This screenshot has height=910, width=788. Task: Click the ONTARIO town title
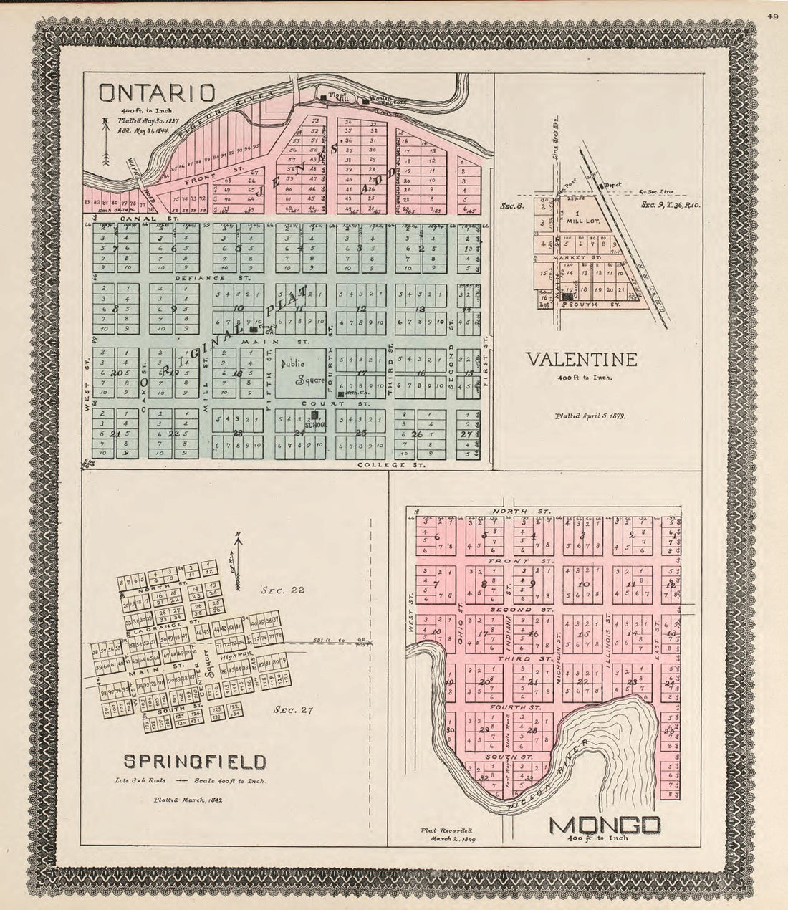coord(156,93)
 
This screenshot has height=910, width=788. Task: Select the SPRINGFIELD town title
coord(196,761)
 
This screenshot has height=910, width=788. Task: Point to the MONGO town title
coord(604,825)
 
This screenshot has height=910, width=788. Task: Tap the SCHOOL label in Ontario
coord(315,425)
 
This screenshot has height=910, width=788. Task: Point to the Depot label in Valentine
coord(611,184)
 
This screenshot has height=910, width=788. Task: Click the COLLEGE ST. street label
coord(390,464)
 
